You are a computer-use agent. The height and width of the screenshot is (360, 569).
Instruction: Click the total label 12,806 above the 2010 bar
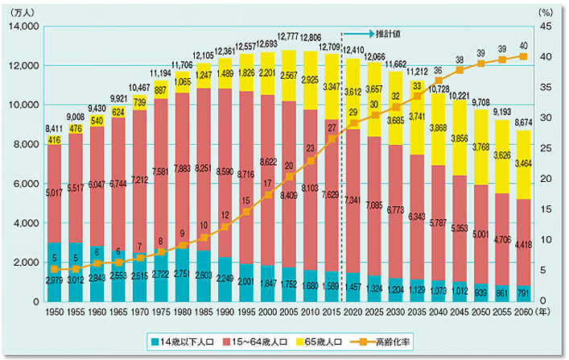pyautogui.click(x=308, y=38)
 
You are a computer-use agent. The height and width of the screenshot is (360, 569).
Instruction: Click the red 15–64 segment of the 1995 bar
pyautogui.click(x=245, y=201)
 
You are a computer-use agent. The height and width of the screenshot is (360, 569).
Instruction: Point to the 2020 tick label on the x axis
pyautogui.click(x=351, y=311)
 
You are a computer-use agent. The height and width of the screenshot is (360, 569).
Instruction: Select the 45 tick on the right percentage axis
pyautogui.click(x=546, y=27)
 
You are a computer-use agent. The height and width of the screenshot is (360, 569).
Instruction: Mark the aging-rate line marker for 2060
pyautogui.click(x=523, y=56)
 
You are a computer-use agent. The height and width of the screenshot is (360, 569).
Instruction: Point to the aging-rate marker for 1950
pyautogui.click(x=54, y=270)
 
